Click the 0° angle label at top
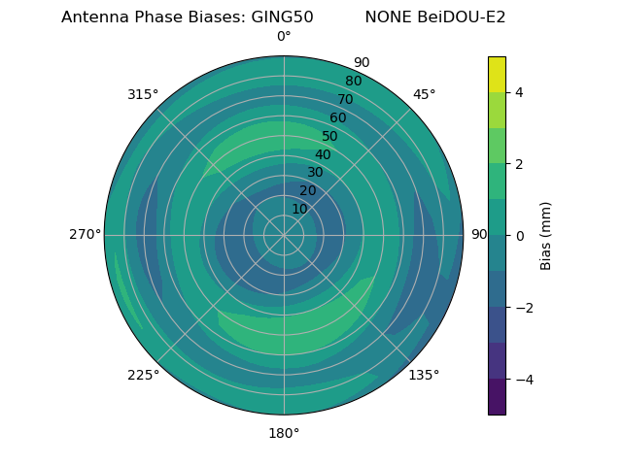[x=284, y=37]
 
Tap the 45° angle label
[x=424, y=94]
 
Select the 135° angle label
[x=424, y=375]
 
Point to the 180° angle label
[x=284, y=433]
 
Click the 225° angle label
[x=143, y=375]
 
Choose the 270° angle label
[x=85, y=235]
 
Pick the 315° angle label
[x=143, y=94]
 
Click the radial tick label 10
[x=300, y=209]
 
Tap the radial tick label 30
[x=316, y=173]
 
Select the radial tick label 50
[x=330, y=137]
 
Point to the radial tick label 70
[x=345, y=100]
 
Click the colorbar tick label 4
[x=520, y=92]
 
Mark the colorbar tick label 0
[x=520, y=236]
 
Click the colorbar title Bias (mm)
[x=546, y=236]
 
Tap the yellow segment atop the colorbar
[x=497, y=74]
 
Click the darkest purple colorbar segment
[x=497, y=397]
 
